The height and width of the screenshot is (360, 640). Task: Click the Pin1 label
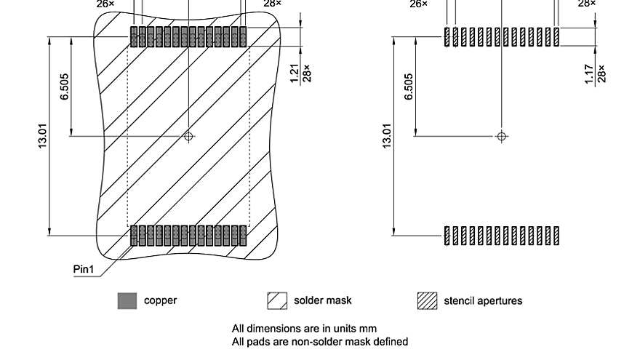point(85,269)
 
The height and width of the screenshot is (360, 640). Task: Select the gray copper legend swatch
point(127,300)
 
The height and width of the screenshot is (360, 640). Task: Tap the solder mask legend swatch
point(278,300)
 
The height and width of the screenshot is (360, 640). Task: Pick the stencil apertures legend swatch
point(427,300)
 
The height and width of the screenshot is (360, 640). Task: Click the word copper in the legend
point(160,300)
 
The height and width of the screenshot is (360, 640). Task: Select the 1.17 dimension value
point(589,73)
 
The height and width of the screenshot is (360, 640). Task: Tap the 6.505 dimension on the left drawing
point(65,88)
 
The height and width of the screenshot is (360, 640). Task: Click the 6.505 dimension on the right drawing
point(409,88)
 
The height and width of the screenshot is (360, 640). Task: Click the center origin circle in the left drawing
point(188,136)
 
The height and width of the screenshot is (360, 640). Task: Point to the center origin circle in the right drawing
point(501,136)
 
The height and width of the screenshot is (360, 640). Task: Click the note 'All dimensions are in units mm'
point(304,329)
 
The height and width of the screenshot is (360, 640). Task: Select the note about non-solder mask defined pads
point(319,341)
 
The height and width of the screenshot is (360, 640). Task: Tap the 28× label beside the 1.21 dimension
point(307,73)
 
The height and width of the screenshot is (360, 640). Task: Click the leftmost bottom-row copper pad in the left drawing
point(134,236)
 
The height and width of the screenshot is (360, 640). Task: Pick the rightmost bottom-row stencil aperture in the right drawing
point(556,236)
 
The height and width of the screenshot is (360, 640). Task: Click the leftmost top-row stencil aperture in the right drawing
point(447,36)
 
